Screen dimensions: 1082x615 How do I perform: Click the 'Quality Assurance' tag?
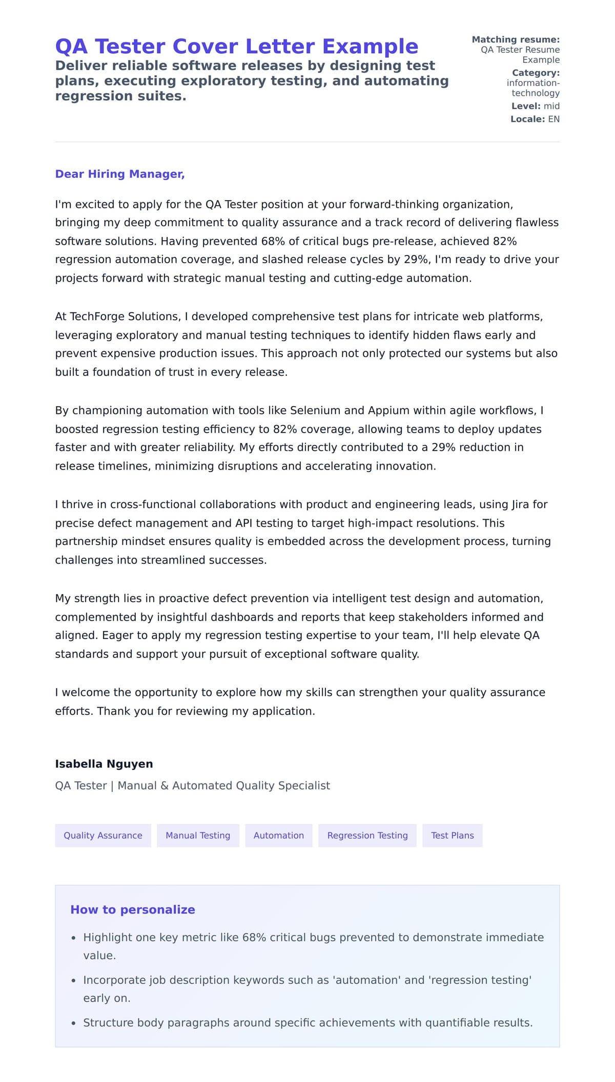[x=102, y=835]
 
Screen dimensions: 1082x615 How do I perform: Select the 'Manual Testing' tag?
[x=198, y=835]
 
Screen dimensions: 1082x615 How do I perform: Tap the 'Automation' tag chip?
[x=278, y=835]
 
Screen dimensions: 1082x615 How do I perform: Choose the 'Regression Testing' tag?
[x=367, y=835]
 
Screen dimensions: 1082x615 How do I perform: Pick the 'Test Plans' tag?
[x=452, y=835]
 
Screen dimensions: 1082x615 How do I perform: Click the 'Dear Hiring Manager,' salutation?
[x=119, y=174]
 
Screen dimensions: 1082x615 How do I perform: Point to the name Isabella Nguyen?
[x=104, y=763]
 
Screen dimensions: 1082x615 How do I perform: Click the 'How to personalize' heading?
[x=132, y=909]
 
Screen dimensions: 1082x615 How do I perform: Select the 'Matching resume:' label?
[x=515, y=39]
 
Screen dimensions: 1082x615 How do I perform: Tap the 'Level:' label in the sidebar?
[x=526, y=106]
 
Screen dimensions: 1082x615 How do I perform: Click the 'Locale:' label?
[x=527, y=119]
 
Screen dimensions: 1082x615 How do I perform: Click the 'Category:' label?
[x=536, y=73]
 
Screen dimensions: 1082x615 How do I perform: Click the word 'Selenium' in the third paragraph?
[x=315, y=411]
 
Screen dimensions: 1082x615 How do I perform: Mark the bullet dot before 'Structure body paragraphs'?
[x=73, y=1023]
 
